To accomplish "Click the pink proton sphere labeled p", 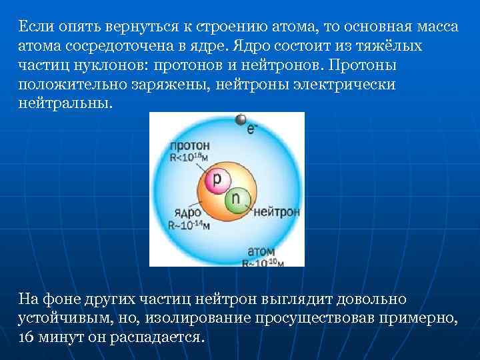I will (x=217, y=179).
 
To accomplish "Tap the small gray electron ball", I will (x=240, y=120).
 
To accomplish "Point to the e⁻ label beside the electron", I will (x=252, y=129).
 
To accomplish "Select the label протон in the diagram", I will (x=189, y=145).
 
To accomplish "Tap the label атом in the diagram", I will (x=261, y=252).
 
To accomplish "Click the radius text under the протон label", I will (x=189, y=157).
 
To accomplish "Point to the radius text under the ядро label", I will (x=189, y=225).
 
